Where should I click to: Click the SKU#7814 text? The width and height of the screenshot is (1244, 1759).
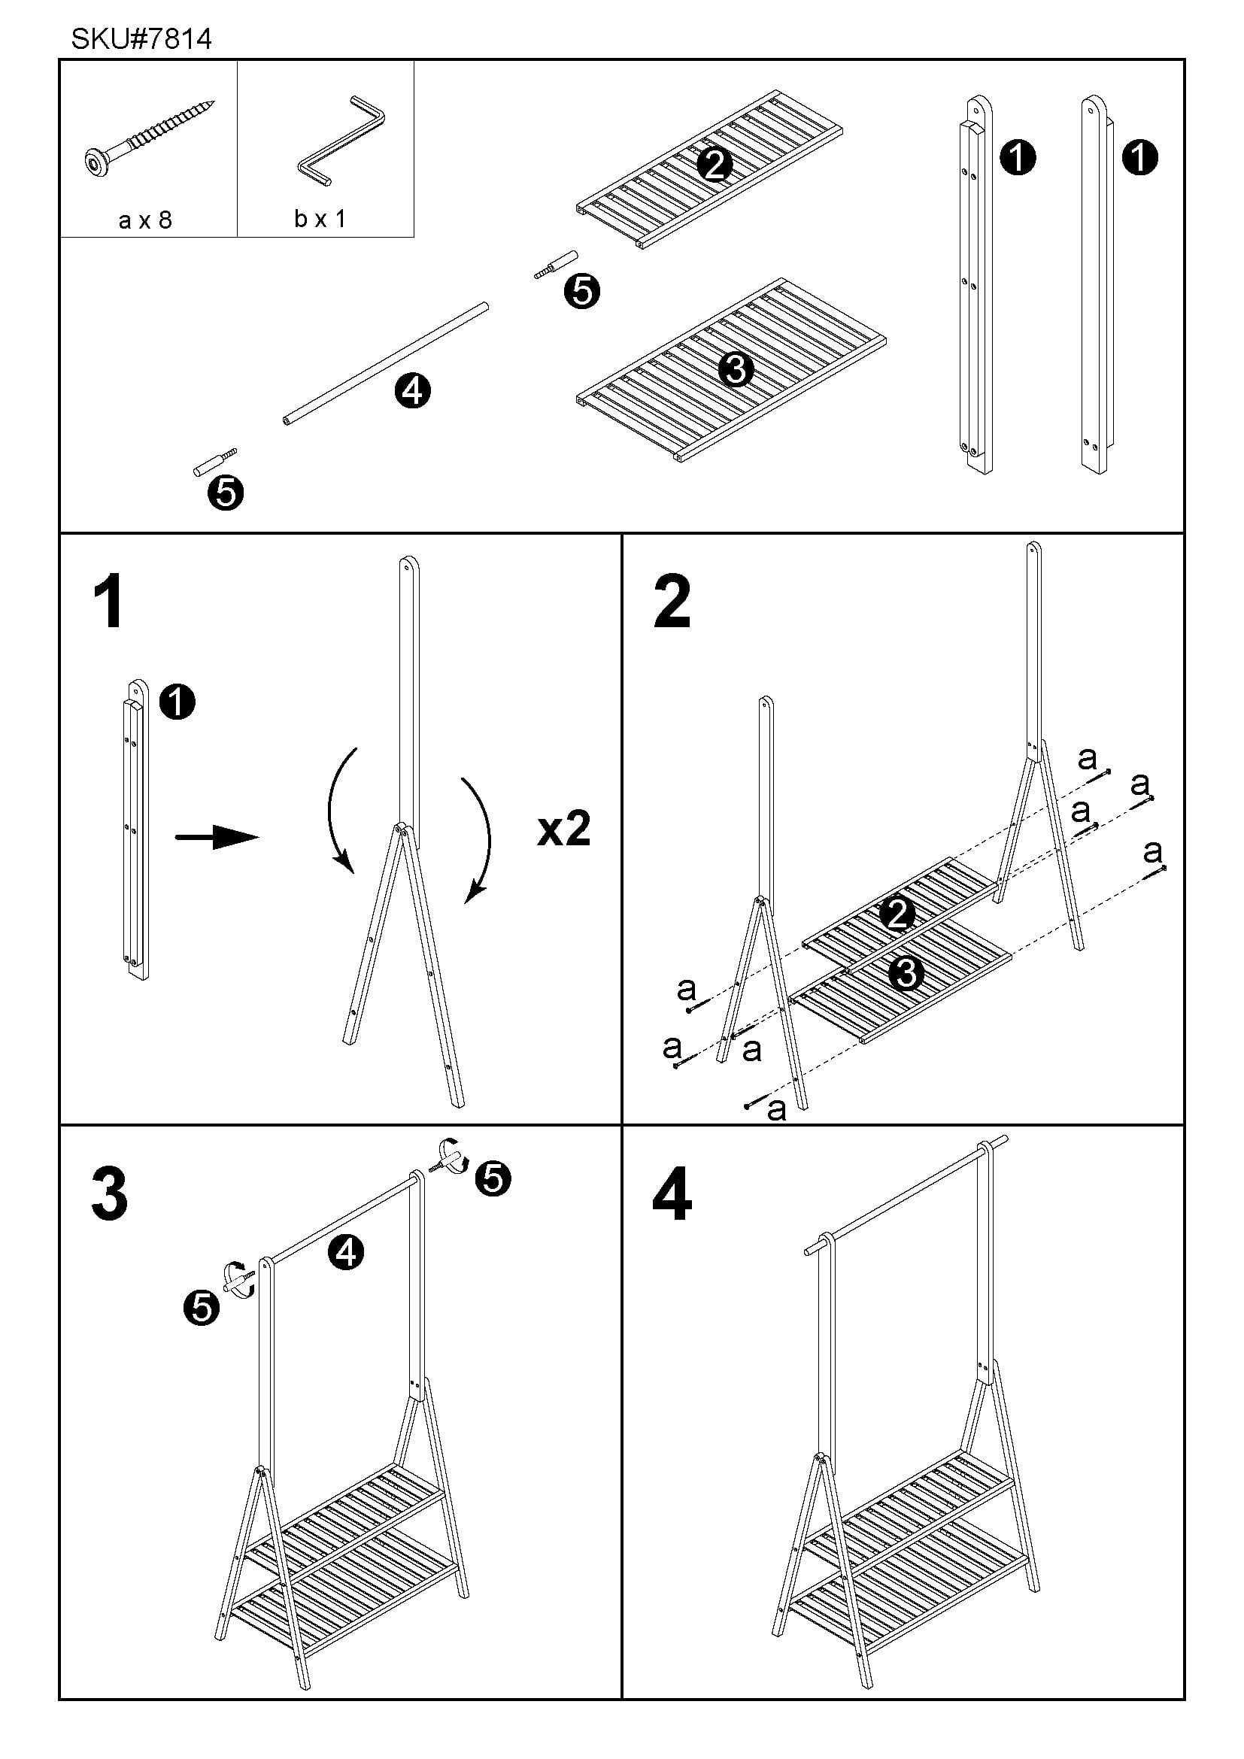coord(141,38)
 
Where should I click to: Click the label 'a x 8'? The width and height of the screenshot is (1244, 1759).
coord(146,220)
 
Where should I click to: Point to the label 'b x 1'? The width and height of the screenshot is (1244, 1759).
coord(320,219)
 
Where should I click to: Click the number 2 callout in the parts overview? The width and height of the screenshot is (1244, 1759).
coord(714,165)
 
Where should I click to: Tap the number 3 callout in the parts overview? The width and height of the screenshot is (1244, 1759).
coord(736,370)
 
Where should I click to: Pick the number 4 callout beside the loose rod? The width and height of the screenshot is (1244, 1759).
coord(412,392)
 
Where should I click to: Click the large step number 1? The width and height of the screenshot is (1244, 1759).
coord(109,603)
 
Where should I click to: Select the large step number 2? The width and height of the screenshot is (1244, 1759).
coord(672,603)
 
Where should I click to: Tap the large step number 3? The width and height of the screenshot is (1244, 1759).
coord(109,1194)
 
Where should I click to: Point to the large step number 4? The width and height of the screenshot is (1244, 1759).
coord(672,1194)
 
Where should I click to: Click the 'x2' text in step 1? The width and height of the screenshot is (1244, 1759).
coord(564,829)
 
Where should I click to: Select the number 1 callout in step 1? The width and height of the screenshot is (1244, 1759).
coord(177,702)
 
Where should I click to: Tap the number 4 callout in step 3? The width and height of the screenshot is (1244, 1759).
coord(345,1253)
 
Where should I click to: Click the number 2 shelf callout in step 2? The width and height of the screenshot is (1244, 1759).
coord(897,914)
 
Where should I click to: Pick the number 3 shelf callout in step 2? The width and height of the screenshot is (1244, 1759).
coord(906,974)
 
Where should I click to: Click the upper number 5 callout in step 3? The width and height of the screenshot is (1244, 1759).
coord(493,1178)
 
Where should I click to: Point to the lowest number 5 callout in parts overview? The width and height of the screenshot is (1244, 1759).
coord(225,493)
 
